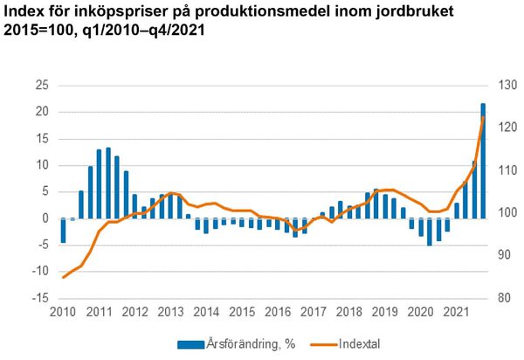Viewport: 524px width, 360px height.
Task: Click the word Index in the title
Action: (x=25, y=12)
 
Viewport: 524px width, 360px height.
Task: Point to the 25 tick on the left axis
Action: (x=41, y=85)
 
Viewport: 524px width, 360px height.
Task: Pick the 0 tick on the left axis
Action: (x=45, y=218)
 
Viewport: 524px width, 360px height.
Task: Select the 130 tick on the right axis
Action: (x=508, y=85)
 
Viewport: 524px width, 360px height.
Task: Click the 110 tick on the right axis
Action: (x=508, y=170)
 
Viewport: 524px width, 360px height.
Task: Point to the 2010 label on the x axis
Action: (x=62, y=312)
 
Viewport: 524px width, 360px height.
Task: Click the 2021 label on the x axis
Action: (x=454, y=312)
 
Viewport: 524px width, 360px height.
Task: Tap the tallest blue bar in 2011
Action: (x=108, y=183)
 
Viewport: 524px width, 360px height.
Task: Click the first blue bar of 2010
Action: (x=63, y=231)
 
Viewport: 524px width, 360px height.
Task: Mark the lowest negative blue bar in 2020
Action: (x=430, y=232)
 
